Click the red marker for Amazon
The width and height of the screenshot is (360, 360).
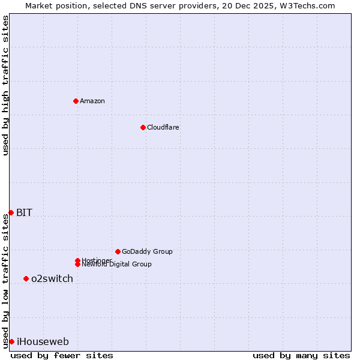tap(76, 101)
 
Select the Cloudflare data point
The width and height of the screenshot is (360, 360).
tap(143, 127)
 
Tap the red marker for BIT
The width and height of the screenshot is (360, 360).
tap(11, 212)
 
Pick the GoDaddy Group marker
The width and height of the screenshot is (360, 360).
tap(118, 251)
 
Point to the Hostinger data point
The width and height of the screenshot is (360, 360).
tap(77, 260)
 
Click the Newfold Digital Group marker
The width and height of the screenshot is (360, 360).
tap(77, 264)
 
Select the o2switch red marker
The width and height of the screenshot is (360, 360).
tap(26, 278)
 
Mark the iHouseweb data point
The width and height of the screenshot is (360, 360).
tap(11, 341)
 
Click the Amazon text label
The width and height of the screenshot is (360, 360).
tap(92, 101)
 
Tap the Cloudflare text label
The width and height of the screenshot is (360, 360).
tap(163, 127)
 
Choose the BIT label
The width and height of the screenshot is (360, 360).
tap(24, 212)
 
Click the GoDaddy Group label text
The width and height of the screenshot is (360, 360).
tap(147, 251)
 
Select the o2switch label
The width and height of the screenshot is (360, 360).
tap(52, 278)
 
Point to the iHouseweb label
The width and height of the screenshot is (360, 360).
tap(43, 342)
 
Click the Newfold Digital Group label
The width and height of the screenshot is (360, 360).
tap(116, 265)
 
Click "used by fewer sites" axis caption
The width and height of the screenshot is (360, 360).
tap(62, 355)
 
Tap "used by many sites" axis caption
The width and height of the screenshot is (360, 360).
tap(301, 355)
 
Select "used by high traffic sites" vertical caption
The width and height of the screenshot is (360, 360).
tap(5, 85)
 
